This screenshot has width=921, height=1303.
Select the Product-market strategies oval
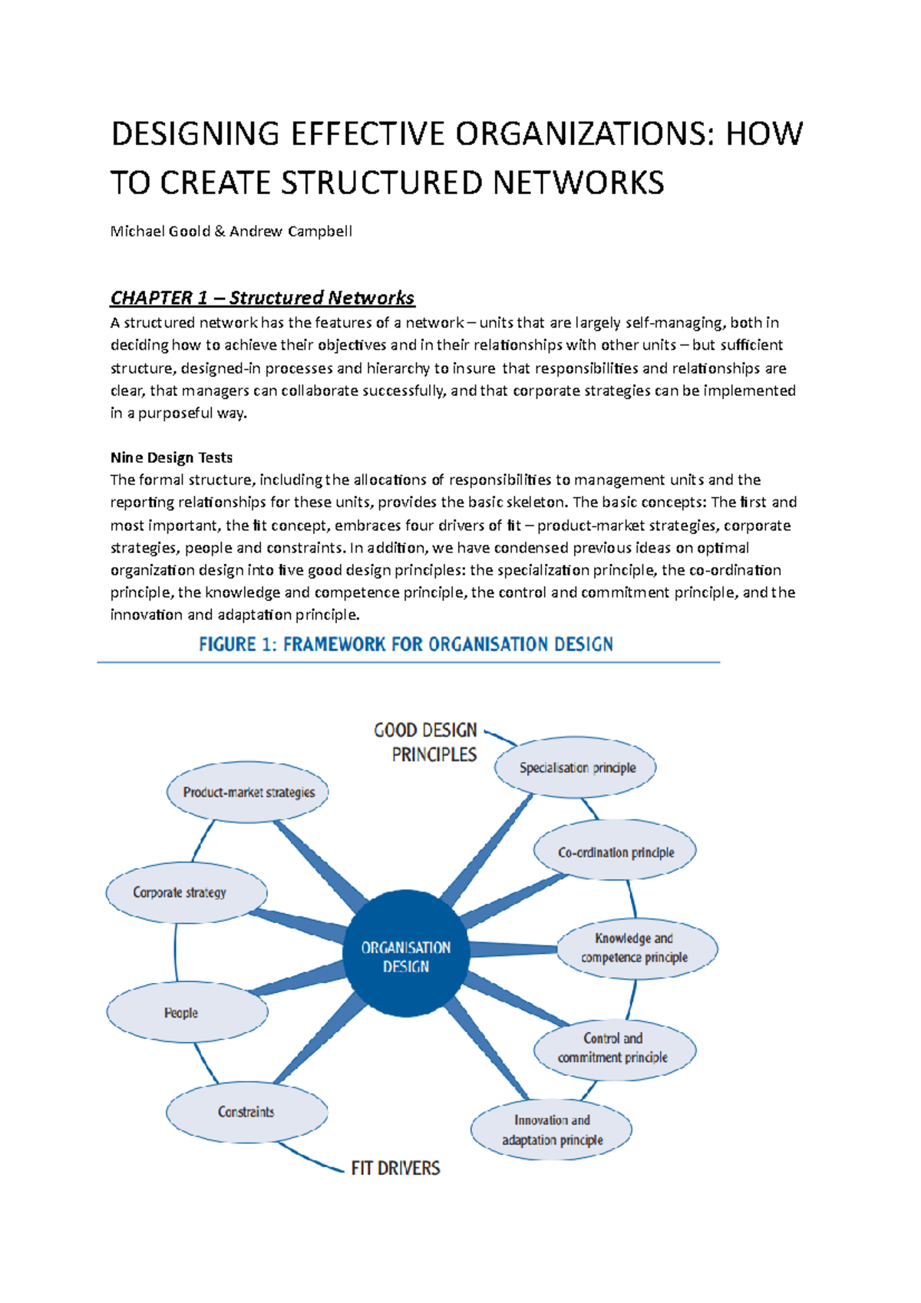point(248,792)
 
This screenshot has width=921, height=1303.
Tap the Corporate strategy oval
point(187,892)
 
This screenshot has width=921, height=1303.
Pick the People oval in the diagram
point(187,1012)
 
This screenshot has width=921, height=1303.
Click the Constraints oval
point(246,1112)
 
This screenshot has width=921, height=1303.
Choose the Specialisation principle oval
point(576,767)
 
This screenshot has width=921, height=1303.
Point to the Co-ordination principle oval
point(616,852)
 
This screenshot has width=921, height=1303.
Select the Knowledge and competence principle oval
point(636,948)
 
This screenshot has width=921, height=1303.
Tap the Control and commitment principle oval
point(614,1048)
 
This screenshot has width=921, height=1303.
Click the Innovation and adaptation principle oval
point(551,1130)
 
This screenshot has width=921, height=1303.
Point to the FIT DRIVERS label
point(395,1168)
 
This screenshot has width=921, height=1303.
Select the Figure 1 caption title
point(405,644)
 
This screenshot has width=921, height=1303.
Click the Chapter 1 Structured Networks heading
point(262,298)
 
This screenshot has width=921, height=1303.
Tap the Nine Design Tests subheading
point(171,457)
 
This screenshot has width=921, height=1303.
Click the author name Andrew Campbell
point(291,231)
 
